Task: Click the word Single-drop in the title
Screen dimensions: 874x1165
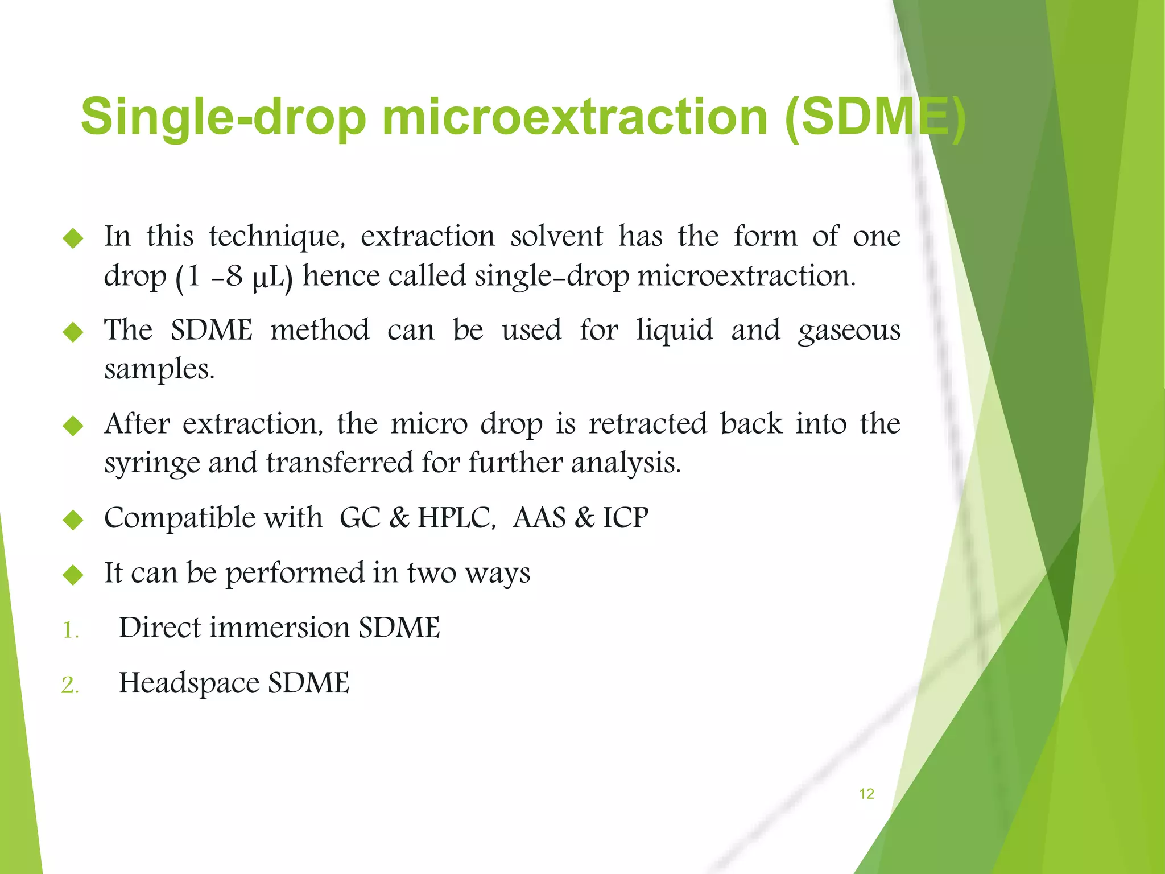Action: click(223, 117)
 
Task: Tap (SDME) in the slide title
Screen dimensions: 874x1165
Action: click(874, 117)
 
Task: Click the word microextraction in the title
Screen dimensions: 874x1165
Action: click(575, 117)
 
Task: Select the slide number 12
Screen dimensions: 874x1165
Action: click(866, 794)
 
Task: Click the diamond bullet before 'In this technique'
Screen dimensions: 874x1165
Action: click(73, 238)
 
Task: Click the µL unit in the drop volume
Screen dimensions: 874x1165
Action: click(269, 277)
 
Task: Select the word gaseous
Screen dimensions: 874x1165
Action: click(849, 331)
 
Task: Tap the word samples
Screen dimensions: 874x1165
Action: click(159, 369)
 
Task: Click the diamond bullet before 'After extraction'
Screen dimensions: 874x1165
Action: click(73, 426)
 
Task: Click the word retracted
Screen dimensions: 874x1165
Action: click(647, 424)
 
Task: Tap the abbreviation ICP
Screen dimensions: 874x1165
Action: click(625, 518)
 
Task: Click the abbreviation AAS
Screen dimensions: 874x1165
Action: click(539, 518)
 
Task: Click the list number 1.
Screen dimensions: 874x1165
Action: click(70, 630)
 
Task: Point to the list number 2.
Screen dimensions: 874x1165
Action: click(70, 685)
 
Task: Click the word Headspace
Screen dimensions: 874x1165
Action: click(188, 683)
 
